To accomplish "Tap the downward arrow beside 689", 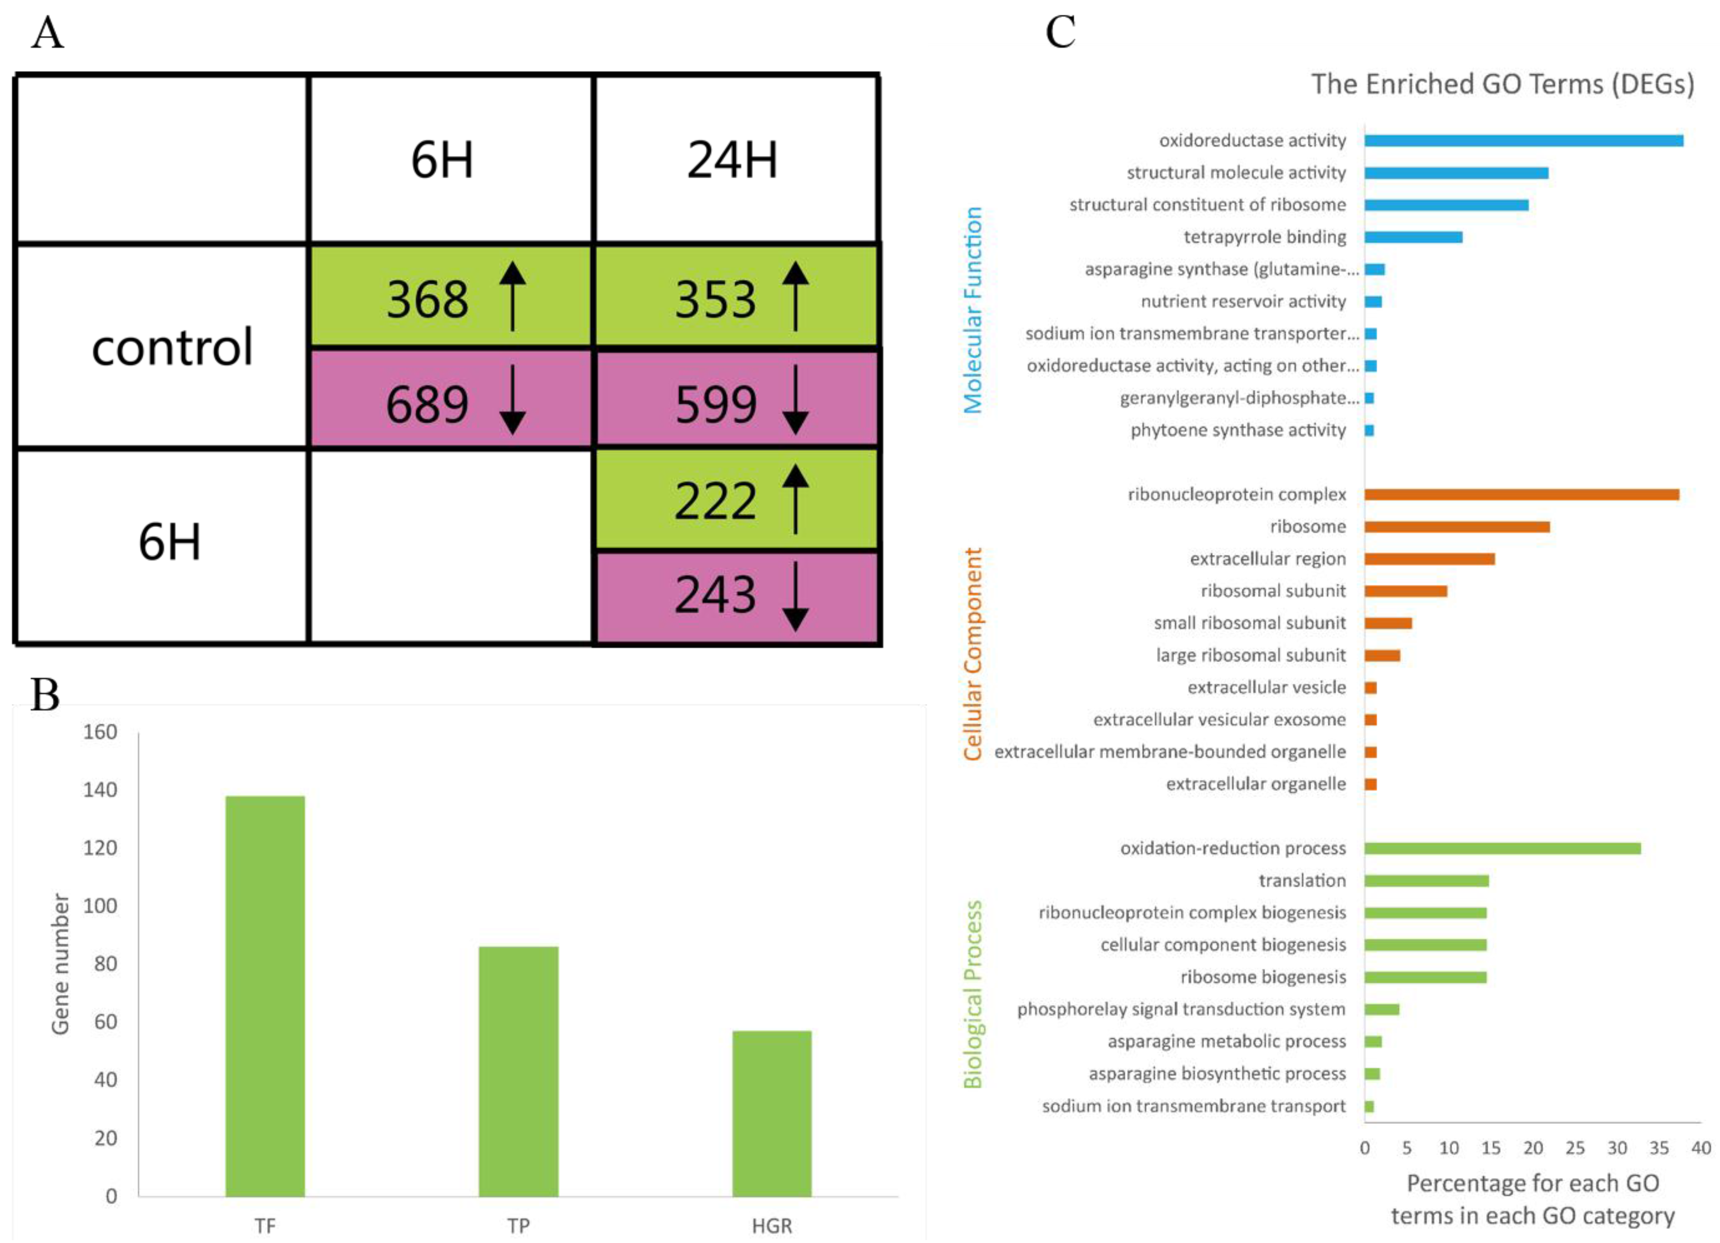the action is [513, 400].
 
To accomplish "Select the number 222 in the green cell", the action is [715, 501].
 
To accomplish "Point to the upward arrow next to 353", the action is [795, 296].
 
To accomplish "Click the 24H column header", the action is [733, 160].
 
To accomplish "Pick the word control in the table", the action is [172, 347].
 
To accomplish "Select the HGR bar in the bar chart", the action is [771, 1114].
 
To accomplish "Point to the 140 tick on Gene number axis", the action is [100, 790].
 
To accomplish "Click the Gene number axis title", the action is [60, 963].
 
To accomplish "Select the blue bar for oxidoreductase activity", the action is [1523, 141].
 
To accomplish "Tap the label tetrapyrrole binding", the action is [1264, 237].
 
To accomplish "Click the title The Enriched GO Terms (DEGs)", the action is [1503, 84].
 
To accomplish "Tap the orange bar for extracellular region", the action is [1429, 560].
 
